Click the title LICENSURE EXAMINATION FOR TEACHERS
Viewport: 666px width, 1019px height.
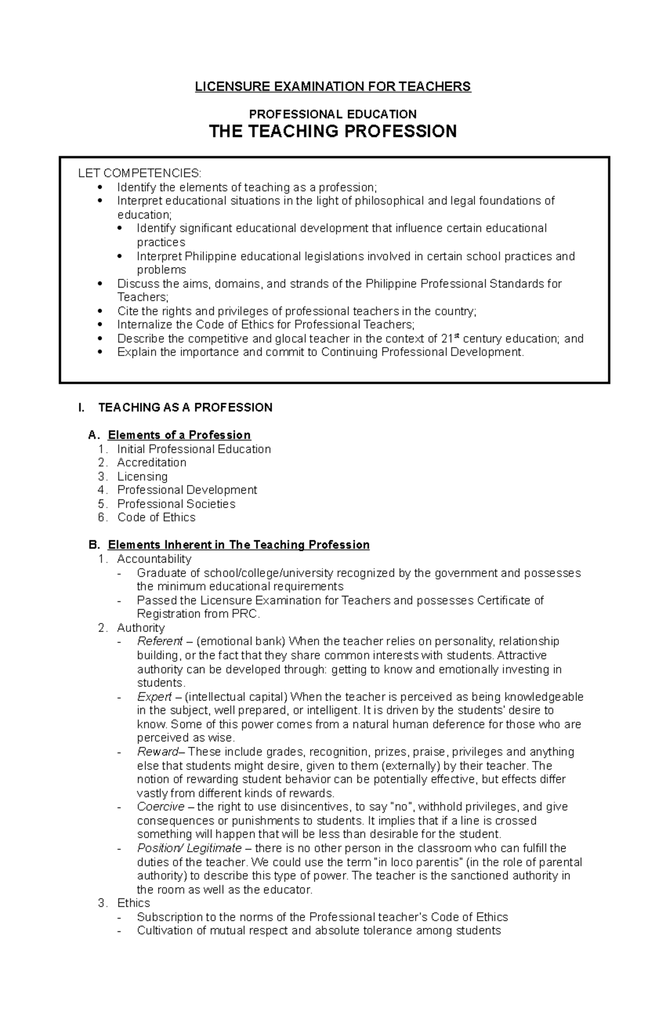(x=332, y=87)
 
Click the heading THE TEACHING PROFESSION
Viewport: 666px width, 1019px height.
(x=332, y=132)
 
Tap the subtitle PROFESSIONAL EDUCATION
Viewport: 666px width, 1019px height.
(x=332, y=114)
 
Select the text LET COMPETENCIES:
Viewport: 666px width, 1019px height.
(x=140, y=173)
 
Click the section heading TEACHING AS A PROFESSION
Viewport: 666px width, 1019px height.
(x=185, y=408)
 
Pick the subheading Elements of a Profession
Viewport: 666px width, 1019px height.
(x=179, y=435)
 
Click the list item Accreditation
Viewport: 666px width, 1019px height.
(x=152, y=463)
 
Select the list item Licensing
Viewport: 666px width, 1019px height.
(x=142, y=476)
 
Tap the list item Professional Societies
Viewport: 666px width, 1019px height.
(x=176, y=504)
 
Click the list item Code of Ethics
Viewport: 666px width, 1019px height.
(x=156, y=518)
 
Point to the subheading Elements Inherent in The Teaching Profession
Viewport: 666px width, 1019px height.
(x=238, y=545)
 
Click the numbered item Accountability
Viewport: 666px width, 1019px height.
(x=154, y=559)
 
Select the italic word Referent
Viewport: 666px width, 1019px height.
(x=160, y=641)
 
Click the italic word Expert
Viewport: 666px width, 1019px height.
(x=154, y=696)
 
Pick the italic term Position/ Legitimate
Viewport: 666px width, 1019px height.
(x=189, y=848)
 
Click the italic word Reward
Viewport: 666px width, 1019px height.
(x=158, y=752)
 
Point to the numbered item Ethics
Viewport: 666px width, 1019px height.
(x=133, y=903)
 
